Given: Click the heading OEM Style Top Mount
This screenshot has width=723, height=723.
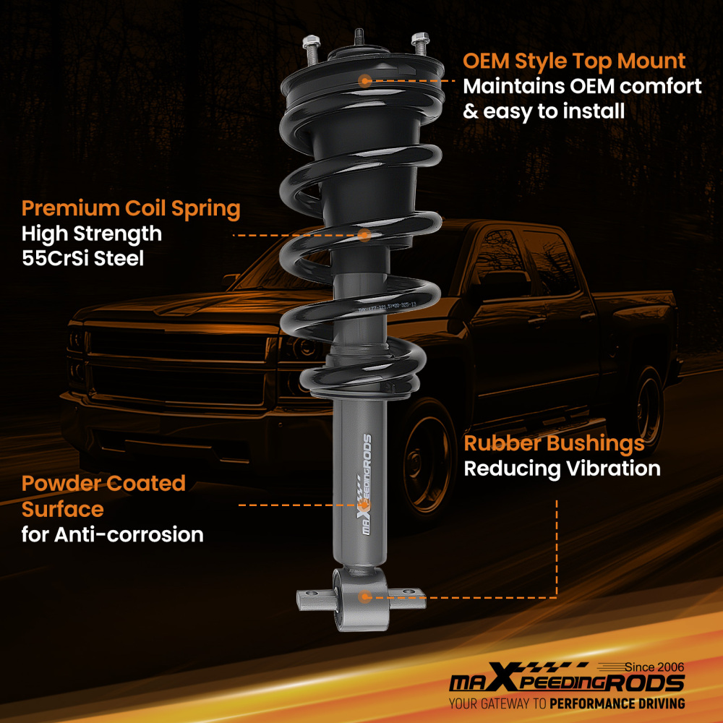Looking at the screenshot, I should tap(574, 60).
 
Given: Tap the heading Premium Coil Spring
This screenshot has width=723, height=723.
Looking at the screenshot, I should tap(131, 209).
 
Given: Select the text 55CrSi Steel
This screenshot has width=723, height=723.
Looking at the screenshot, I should tap(82, 258).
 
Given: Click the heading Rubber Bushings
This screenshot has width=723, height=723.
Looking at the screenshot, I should tap(554, 442).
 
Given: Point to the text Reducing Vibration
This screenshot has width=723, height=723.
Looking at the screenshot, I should tap(562, 469).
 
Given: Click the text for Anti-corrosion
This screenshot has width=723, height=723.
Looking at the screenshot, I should tap(112, 535).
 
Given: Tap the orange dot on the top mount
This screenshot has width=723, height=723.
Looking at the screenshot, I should tap(365, 81).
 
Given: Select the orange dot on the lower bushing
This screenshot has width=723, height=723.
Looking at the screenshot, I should tap(365, 596).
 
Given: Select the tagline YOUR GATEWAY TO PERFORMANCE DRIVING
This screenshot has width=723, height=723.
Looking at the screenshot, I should tap(567, 703).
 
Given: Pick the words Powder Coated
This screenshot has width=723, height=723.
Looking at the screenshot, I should tap(103, 483).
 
